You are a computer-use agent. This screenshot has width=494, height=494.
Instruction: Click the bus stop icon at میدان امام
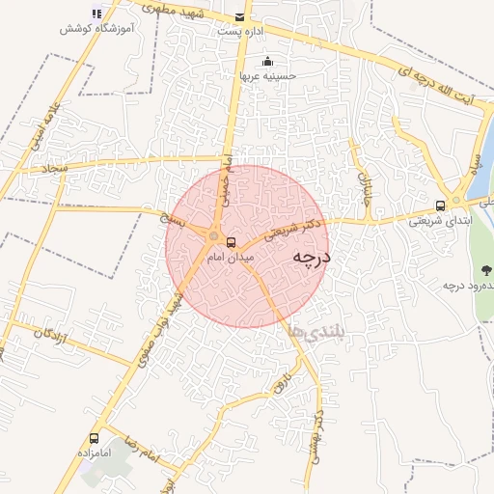point(231,241)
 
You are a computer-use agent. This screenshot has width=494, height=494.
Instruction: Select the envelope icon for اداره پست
point(240,16)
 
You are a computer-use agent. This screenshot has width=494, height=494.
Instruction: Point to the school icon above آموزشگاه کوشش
point(96,14)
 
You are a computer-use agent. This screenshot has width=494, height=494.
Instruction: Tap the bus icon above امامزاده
point(94,437)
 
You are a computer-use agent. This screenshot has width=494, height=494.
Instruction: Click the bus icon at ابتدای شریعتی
point(441,206)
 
